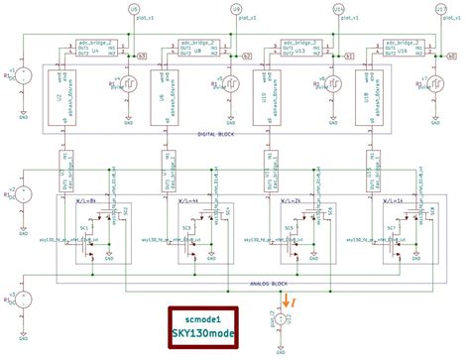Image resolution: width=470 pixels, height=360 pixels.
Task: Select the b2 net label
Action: (x=245, y=57)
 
